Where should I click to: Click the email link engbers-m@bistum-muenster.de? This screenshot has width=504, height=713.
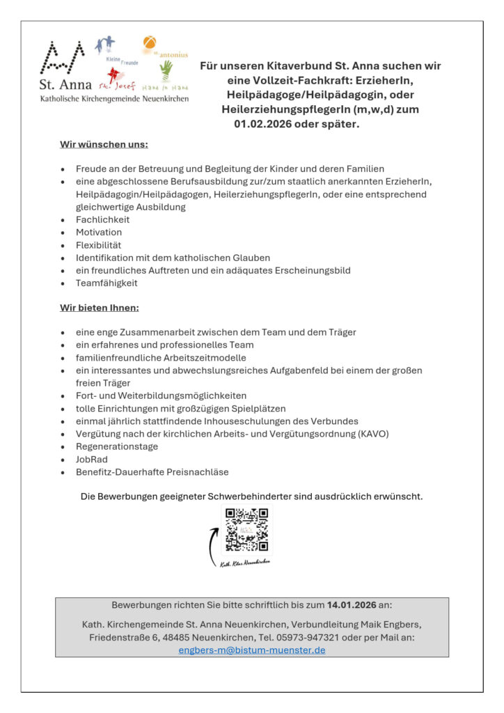[x=251, y=650]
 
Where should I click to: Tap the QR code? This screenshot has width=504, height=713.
[x=246, y=530]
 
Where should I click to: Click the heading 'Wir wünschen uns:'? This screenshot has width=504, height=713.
[x=104, y=145]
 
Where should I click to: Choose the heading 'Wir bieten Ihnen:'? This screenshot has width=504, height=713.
[x=100, y=307]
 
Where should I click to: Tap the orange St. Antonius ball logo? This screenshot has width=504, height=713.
[x=150, y=45]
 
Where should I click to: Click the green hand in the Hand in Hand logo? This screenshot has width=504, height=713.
[x=166, y=70]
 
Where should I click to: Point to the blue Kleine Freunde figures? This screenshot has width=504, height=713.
[x=105, y=47]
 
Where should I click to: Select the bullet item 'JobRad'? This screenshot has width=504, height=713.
[x=92, y=459]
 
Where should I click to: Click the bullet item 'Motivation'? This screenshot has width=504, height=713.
[x=99, y=232]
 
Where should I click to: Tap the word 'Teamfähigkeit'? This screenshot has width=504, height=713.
[x=107, y=283]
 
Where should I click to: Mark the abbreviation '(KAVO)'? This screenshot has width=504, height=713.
[x=373, y=433]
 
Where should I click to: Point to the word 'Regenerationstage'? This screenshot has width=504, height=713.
[x=117, y=446]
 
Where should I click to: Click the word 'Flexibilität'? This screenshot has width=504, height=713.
[x=99, y=245]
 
